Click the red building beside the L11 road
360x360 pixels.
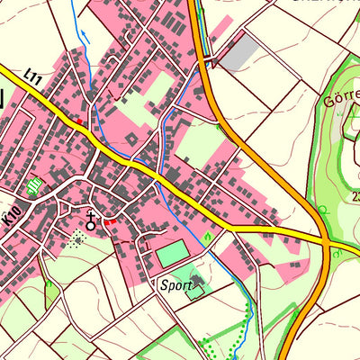coord(78,121)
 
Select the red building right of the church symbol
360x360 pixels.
coord(111,221)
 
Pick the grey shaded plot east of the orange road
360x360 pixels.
coord(238,53)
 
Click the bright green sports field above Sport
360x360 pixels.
coord(172,254)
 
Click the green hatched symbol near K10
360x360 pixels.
coord(34,186)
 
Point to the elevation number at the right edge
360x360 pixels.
coord(355,196)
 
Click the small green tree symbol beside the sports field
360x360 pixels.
coord(208,237)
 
